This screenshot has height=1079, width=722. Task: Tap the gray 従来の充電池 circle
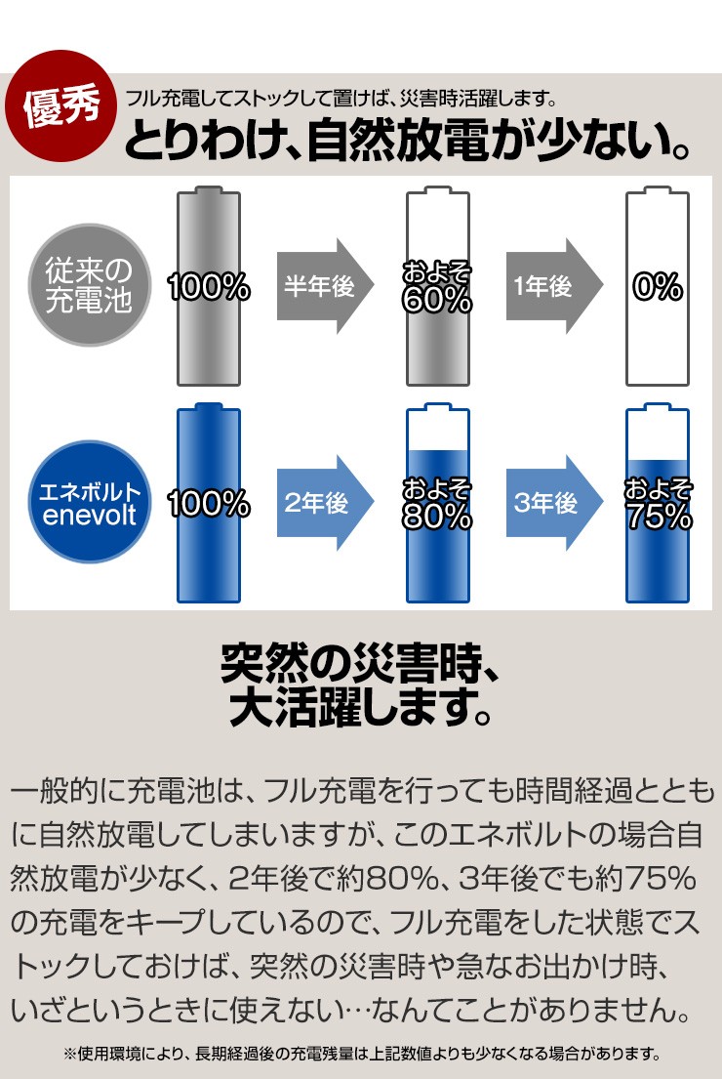[x=90, y=284]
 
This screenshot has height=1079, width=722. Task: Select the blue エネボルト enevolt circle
[x=90, y=502]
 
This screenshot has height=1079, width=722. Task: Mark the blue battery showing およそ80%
[x=437, y=506]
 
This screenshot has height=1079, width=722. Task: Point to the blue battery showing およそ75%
[x=657, y=506]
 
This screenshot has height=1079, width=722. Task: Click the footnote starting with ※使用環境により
[x=361, y=1054]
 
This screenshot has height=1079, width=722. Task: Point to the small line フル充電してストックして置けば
[x=341, y=99]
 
